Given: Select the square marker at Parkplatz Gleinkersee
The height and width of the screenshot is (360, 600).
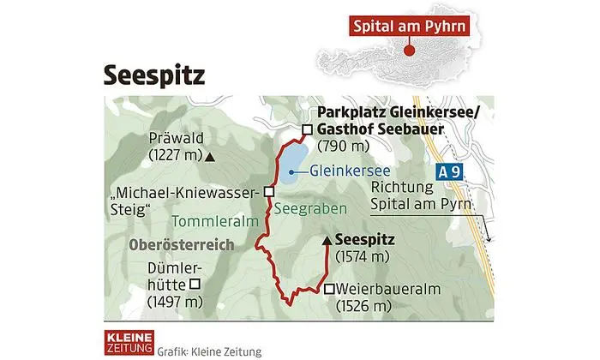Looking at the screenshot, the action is (x=307, y=130).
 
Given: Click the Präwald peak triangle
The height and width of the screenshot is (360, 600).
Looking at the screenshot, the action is (x=211, y=156).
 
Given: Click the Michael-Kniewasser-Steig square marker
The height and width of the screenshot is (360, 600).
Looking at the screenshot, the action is (x=269, y=191).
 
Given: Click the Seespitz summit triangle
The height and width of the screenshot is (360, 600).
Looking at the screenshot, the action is (x=326, y=241).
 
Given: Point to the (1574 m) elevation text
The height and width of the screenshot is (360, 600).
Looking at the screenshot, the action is (x=363, y=256).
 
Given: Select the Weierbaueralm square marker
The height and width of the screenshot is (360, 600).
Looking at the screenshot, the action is (x=330, y=289).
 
